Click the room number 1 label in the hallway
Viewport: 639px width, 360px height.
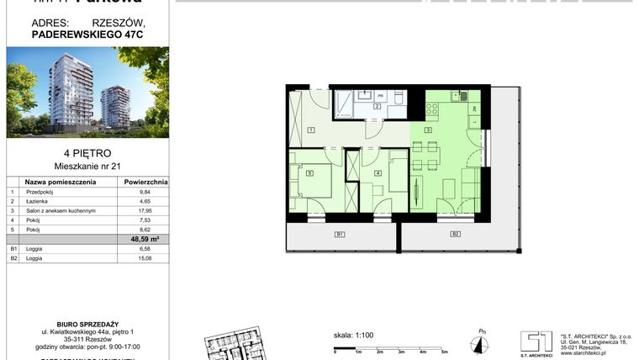(x=310, y=130)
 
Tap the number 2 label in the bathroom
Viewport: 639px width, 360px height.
(x=378, y=107)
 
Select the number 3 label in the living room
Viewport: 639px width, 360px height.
(x=427, y=130)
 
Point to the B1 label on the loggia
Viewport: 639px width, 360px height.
(x=339, y=234)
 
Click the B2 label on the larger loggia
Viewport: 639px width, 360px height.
(x=455, y=234)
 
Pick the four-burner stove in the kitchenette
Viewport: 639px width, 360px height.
(x=433, y=109)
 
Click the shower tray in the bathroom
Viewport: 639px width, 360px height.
(x=345, y=103)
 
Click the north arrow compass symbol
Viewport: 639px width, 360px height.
(x=480, y=341)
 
